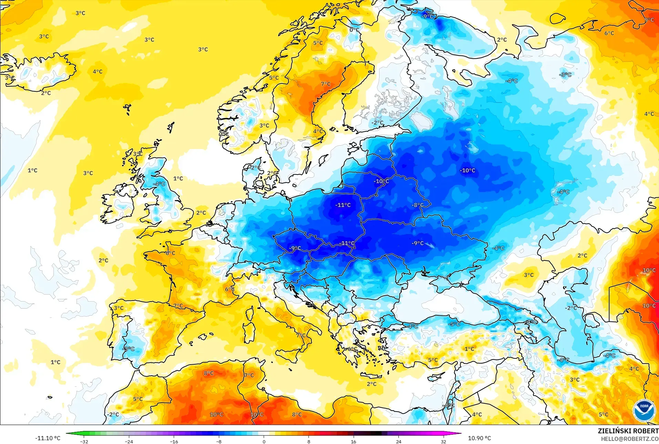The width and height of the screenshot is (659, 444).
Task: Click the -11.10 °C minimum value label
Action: pos(48,438)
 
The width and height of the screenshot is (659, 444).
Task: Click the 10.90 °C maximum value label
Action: pos(479,438)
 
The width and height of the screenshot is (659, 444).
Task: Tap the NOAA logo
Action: pos(644,410)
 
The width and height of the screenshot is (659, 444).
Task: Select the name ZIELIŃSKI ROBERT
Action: pos(628,431)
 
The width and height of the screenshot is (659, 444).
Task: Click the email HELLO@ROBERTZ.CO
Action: pos(630,439)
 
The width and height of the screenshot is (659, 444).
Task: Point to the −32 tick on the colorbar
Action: pos(84,441)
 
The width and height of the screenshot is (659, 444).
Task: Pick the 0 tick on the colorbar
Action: pos(264,441)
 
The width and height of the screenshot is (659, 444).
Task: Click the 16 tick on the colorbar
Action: pos(354,441)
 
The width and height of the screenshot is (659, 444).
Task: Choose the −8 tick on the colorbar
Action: pos(219,441)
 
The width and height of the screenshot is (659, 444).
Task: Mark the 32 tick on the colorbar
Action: pos(443,441)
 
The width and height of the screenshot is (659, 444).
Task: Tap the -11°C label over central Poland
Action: pos(343,205)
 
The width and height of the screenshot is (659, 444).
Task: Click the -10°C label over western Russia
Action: pos(467,170)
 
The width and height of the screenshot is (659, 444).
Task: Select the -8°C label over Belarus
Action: pos(418,205)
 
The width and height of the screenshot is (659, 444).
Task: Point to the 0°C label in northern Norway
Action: pos(354,30)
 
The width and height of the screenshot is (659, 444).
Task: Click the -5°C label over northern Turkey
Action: pos(454,324)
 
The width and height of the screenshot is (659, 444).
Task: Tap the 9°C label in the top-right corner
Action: pos(649,20)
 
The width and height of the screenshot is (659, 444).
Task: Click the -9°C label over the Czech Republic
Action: pos(295,248)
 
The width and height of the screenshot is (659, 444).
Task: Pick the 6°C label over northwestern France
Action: pos(170,253)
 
